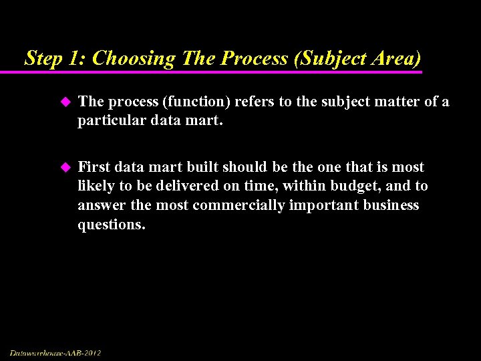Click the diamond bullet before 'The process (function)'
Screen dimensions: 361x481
65,102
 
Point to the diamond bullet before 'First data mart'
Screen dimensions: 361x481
65,167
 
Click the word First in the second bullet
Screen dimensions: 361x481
94,167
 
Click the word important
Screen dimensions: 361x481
325,205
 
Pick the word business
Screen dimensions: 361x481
391,205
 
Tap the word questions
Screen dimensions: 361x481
111,224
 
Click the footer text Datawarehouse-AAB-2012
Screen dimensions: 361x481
55,352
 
